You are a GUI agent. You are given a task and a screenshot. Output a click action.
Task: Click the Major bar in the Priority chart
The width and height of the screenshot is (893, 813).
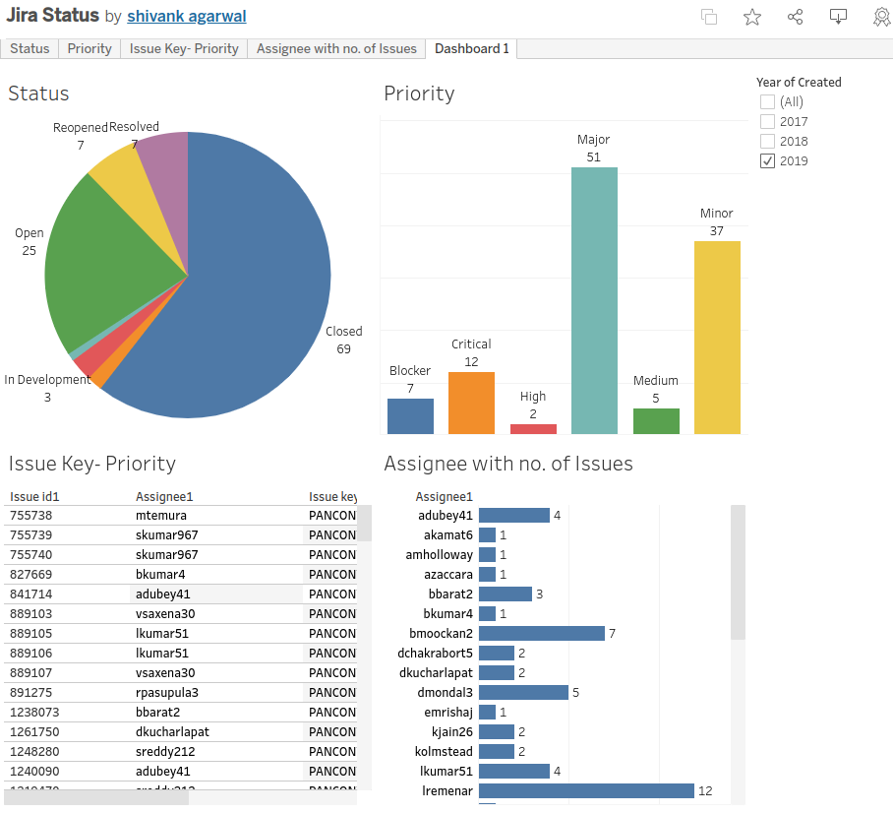point(594,300)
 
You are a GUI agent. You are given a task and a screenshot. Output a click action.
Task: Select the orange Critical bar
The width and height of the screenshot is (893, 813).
point(471,403)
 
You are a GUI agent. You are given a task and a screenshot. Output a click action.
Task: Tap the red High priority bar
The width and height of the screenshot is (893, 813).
point(533,429)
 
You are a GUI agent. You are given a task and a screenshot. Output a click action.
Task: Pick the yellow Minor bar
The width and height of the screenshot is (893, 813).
point(717,337)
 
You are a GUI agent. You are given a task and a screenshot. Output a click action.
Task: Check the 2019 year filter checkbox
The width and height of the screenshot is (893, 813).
point(768,160)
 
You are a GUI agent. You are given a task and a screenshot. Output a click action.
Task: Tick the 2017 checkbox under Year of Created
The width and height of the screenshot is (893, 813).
point(768,121)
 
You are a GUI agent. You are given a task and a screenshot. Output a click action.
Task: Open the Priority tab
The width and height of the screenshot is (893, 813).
point(89,48)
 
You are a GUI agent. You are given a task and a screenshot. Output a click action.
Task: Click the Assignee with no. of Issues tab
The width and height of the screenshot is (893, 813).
point(336,48)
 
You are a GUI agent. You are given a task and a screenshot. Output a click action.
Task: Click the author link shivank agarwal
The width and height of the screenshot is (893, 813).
point(187,17)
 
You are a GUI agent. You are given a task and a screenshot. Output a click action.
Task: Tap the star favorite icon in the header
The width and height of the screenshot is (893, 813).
point(752,17)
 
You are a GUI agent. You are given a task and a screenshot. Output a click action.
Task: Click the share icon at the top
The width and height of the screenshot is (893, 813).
point(796,17)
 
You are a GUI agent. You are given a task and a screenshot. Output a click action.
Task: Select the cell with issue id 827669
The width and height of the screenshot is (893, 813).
point(31,574)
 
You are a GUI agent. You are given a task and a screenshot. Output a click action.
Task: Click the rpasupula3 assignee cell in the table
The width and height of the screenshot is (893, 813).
point(167,692)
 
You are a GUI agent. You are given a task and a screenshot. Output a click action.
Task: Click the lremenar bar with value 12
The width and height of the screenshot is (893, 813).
point(586,790)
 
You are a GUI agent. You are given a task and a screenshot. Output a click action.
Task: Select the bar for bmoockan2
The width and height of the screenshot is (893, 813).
point(541,633)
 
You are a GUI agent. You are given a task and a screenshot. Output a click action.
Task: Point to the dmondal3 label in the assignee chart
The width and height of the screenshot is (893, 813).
point(445,692)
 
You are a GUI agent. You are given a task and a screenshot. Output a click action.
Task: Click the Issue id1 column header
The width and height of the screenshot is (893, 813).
point(34,497)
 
